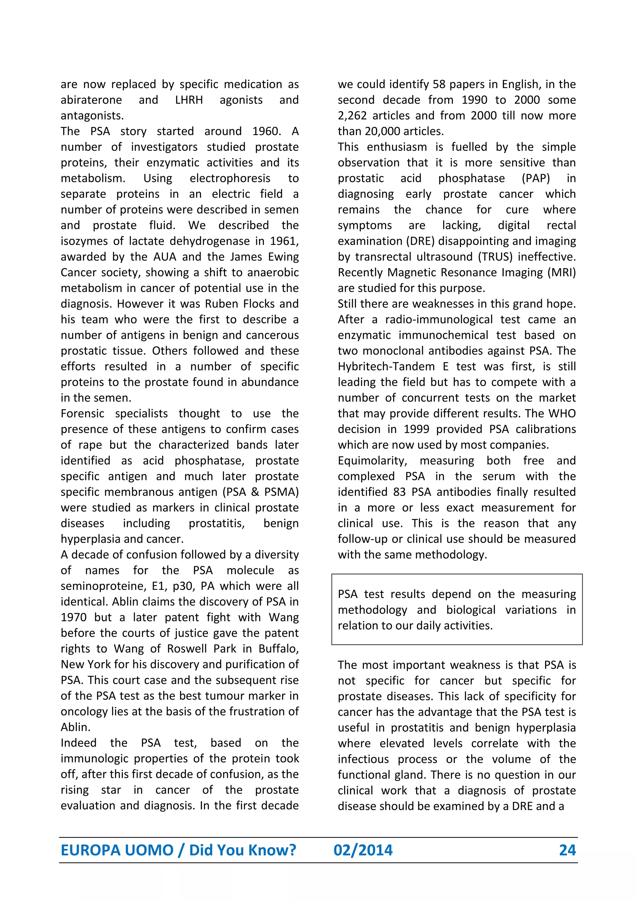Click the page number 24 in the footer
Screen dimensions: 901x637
567,850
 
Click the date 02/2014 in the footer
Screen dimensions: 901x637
363,850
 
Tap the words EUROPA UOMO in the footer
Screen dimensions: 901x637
117,850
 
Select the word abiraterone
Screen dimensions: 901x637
91,100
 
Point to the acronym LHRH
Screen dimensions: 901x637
189,100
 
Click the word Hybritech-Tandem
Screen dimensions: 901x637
386,366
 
